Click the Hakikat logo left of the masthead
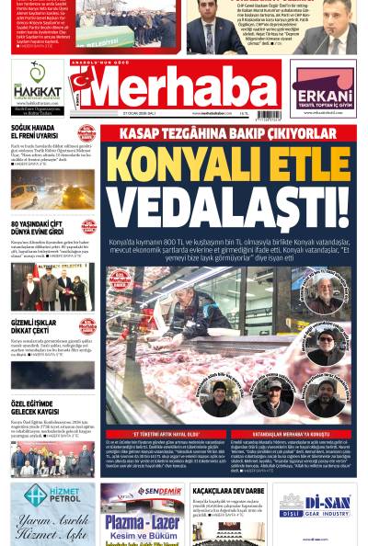[x=37, y=86]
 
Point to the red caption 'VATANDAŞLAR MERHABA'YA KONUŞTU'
[x=291, y=433]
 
